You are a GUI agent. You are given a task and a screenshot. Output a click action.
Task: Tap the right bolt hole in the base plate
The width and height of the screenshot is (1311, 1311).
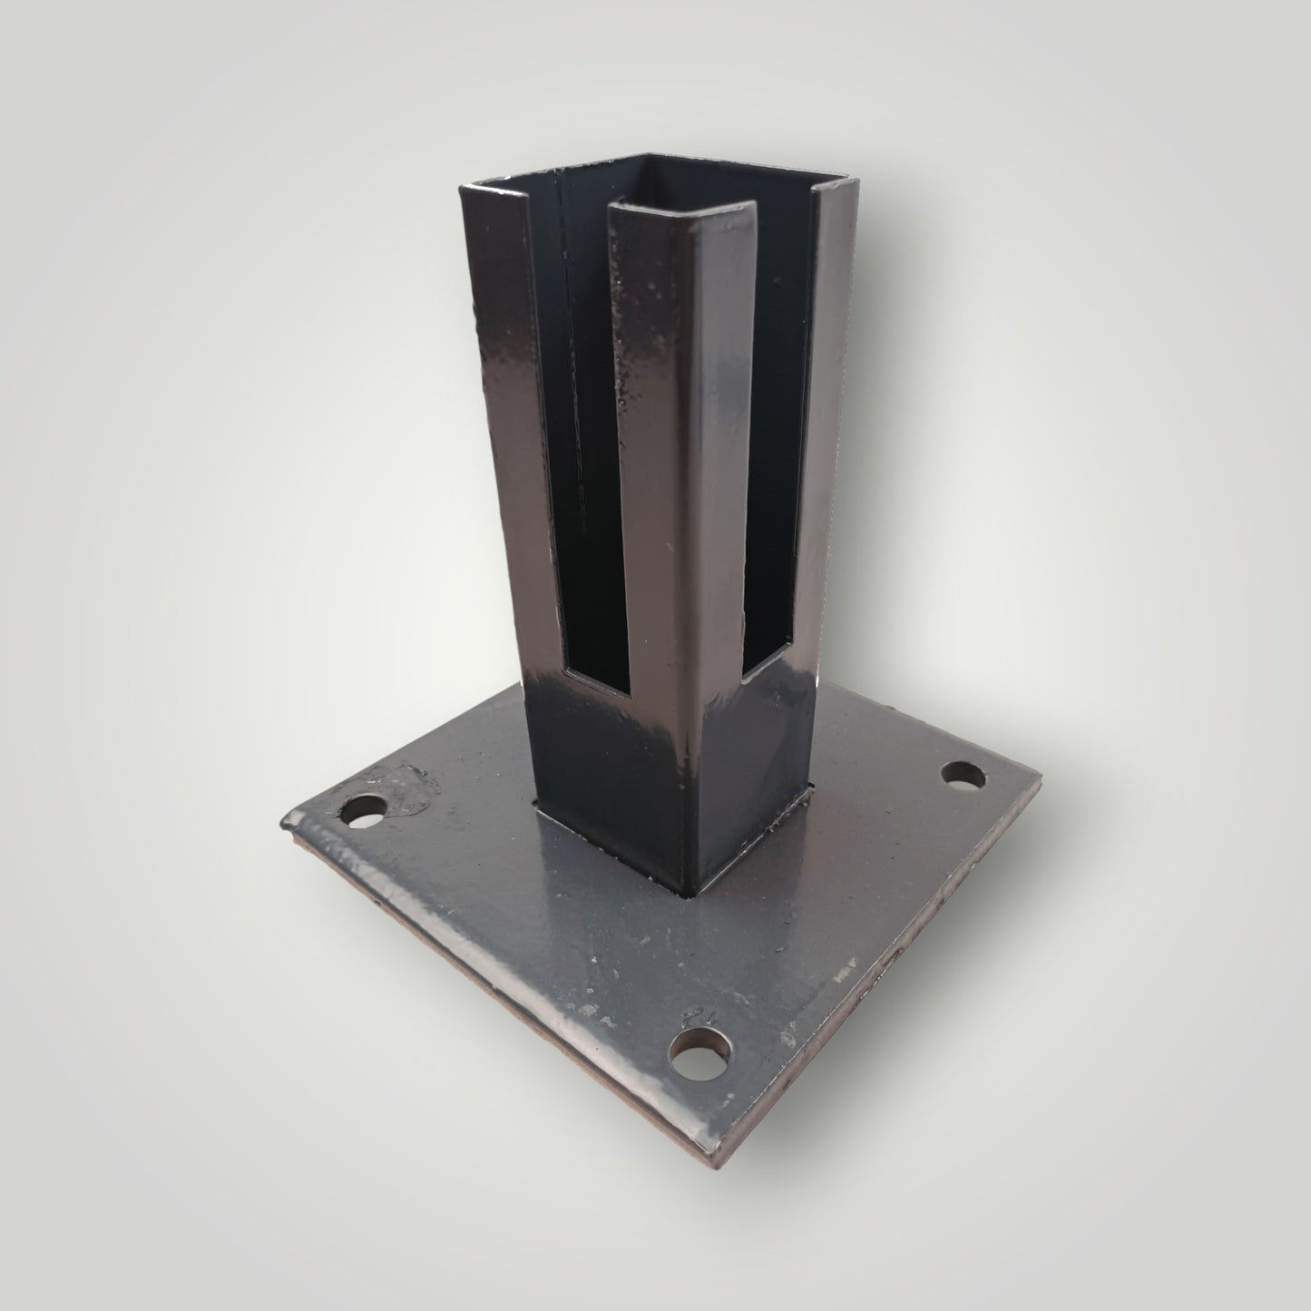point(963,776)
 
